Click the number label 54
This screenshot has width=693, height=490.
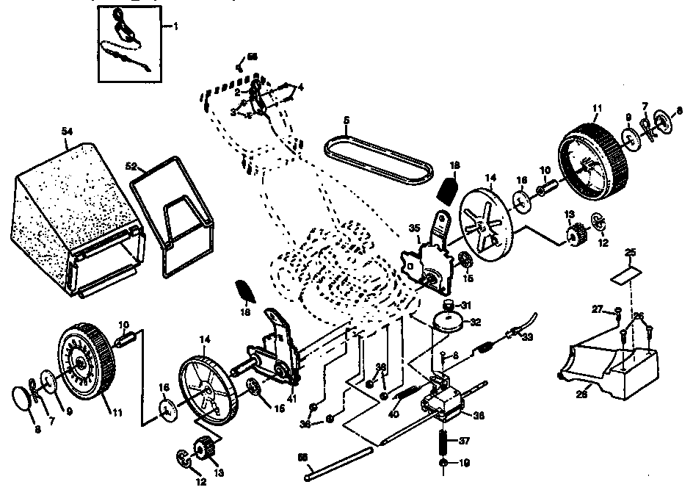click(67, 130)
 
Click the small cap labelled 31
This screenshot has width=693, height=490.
click(449, 304)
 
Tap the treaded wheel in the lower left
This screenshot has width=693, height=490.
click(85, 362)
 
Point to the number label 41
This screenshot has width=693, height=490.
click(293, 397)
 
